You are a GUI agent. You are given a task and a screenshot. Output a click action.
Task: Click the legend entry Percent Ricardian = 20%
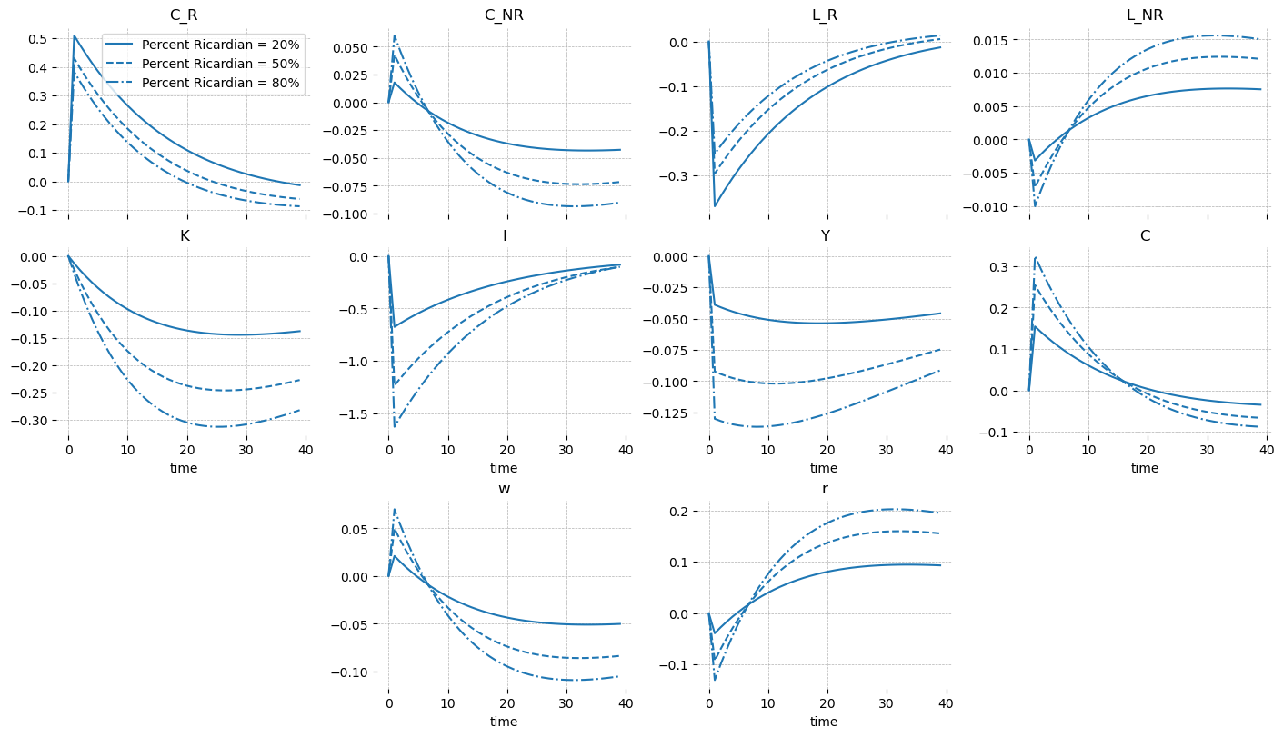pos(220,45)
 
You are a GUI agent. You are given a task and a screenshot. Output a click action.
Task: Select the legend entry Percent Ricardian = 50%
pos(220,64)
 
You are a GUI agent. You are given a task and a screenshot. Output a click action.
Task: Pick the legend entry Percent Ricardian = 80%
pos(220,83)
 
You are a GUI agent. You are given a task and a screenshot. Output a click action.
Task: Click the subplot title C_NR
pos(504,15)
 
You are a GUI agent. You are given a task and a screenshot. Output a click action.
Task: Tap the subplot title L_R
pos(824,15)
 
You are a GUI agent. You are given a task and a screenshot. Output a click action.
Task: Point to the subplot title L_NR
pos(1145,15)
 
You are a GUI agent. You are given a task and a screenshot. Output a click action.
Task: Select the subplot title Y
pos(824,235)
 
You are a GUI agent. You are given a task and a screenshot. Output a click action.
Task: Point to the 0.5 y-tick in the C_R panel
pos(37,39)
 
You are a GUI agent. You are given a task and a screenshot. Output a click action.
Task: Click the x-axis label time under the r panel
pos(824,722)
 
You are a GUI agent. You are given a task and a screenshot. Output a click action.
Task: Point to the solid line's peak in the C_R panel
pos(74,36)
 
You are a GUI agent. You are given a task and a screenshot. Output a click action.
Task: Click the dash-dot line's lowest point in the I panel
pos(395,426)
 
